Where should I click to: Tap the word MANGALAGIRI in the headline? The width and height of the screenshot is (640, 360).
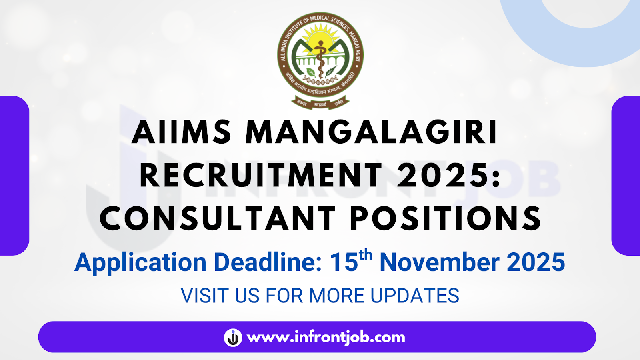(372, 132)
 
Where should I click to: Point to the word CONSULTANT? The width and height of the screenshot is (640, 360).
(218, 219)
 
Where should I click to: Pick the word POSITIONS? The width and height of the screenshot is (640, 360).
(446, 219)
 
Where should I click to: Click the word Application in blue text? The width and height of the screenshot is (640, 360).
(140, 263)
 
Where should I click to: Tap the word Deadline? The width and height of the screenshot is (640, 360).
(268, 263)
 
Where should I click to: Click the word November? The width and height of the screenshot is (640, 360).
(440, 263)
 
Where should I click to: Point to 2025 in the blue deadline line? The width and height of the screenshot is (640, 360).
(536, 263)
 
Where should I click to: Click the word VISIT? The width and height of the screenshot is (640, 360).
(204, 296)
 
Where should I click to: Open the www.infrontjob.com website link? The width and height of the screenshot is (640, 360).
(326, 337)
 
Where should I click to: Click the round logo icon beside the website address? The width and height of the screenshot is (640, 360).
(233, 337)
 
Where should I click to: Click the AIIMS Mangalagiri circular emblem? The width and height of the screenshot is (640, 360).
(320, 56)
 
